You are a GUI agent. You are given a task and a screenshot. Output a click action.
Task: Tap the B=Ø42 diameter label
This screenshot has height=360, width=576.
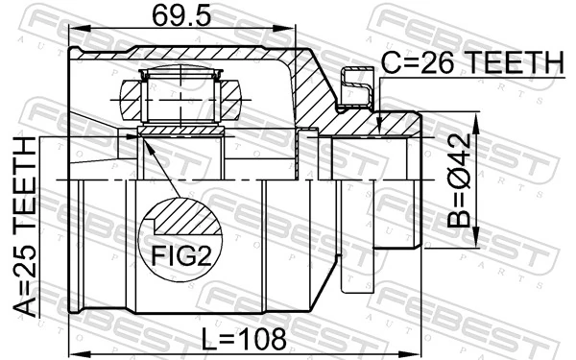(x=463, y=180)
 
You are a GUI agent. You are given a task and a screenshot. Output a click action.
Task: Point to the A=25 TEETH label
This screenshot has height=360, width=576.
(x=27, y=227)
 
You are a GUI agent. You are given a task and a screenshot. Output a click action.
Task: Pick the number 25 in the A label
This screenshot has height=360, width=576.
(x=27, y=259)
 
